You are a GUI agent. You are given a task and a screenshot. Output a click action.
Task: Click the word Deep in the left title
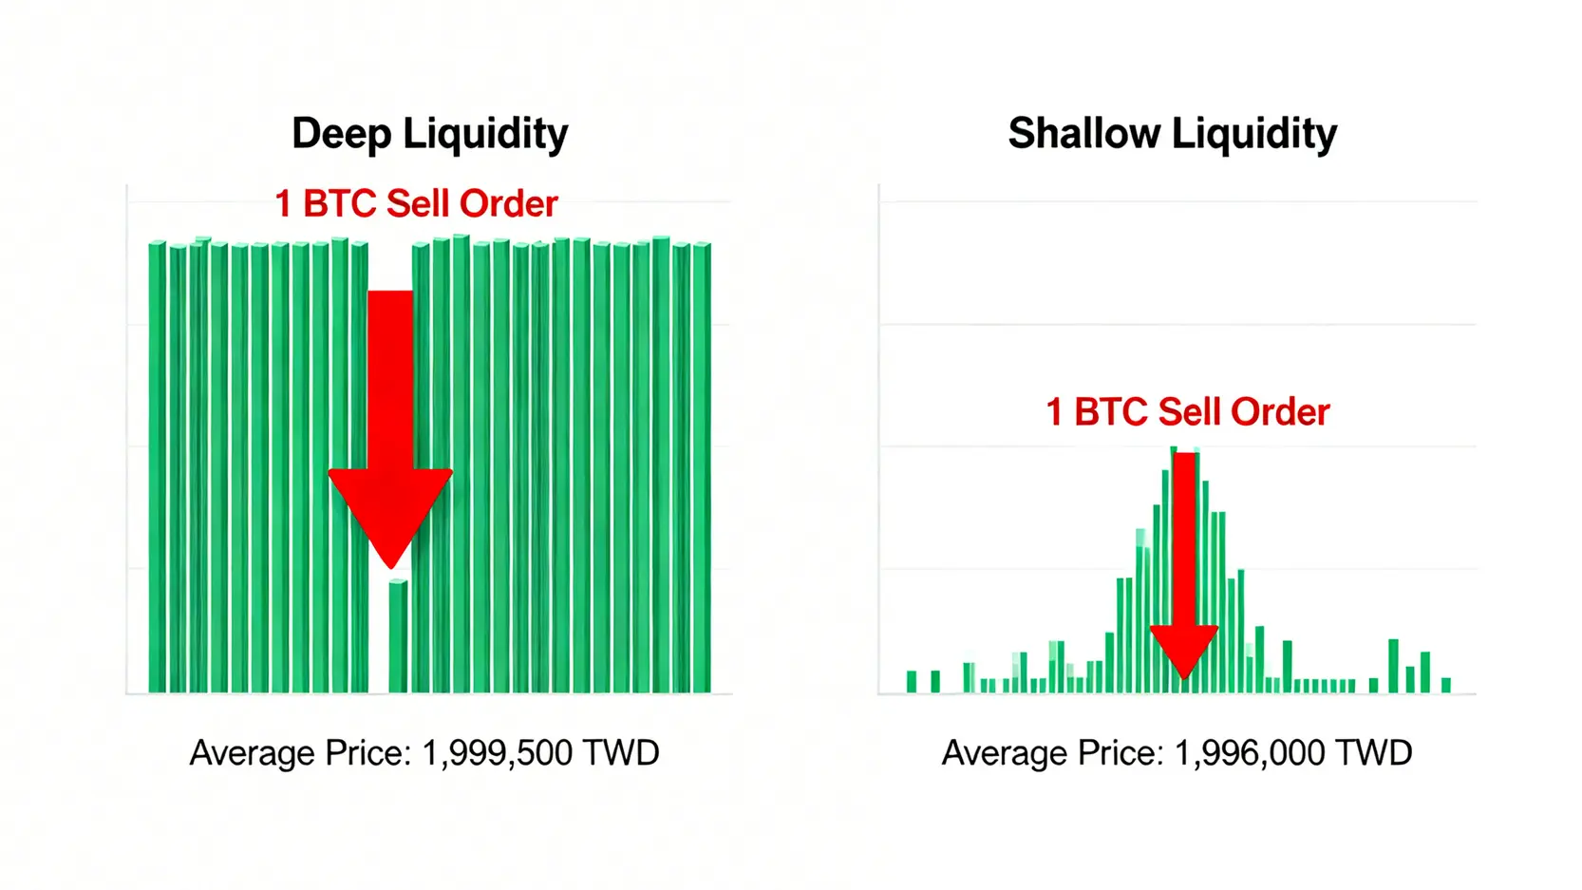point(341,134)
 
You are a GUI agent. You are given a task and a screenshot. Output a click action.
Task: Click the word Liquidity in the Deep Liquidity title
point(485,134)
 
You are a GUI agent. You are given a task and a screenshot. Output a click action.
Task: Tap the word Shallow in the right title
point(1083,134)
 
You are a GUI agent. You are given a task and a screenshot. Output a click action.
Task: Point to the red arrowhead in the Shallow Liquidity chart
point(1184,649)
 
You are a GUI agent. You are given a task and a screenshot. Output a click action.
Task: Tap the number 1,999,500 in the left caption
point(497,753)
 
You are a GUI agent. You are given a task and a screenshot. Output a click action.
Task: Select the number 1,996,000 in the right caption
point(1250,753)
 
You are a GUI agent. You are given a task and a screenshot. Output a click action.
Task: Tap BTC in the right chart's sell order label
point(1111,412)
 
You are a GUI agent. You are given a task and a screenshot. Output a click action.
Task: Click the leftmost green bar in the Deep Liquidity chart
point(158,467)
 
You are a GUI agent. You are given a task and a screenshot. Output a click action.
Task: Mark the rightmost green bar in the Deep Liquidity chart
point(702,467)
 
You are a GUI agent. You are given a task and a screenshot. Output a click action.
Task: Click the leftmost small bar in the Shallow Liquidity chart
point(912,681)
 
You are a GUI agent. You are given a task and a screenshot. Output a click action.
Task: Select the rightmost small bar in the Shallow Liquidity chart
point(1446,685)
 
